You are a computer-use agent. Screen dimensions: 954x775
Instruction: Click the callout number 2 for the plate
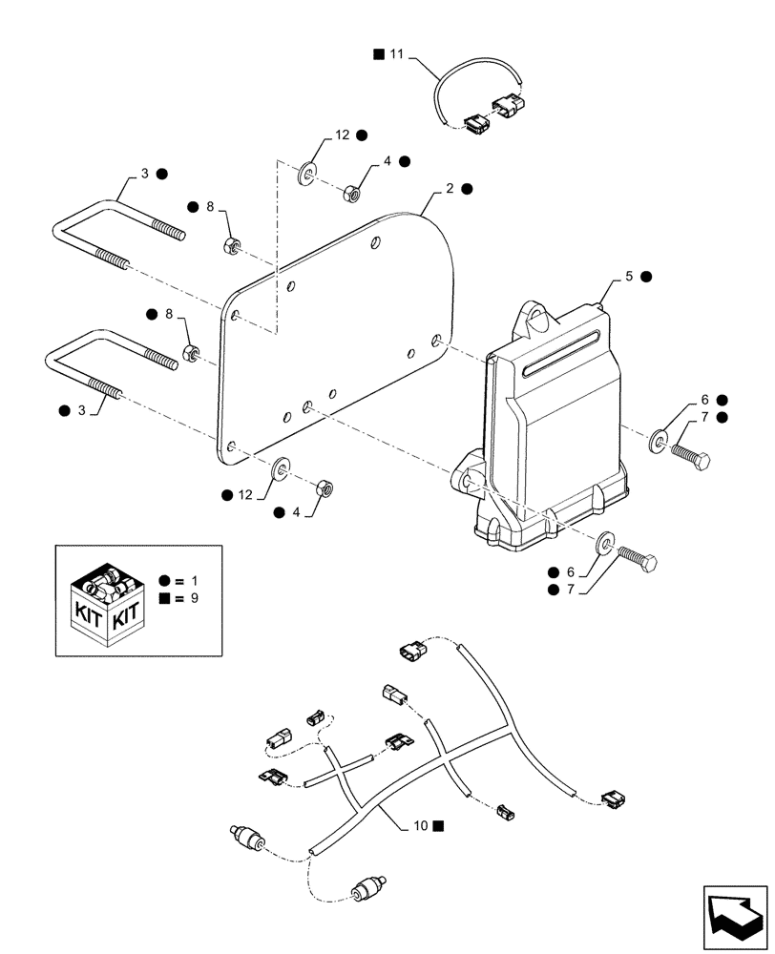(450, 189)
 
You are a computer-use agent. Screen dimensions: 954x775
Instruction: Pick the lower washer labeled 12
(282, 467)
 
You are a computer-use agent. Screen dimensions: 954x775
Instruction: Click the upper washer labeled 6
(659, 441)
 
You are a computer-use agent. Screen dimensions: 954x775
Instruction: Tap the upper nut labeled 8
(231, 245)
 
